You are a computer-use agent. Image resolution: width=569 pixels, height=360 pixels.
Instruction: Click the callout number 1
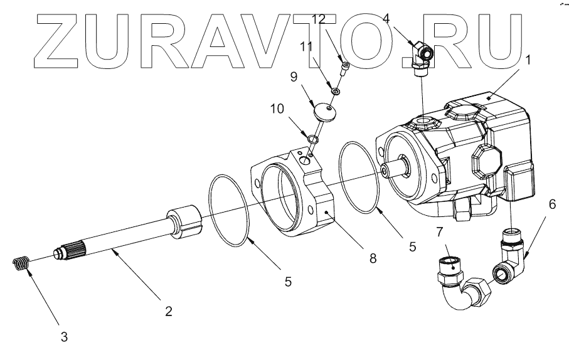[x=528, y=60]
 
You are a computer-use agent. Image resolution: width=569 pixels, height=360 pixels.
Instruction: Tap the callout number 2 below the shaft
[x=168, y=310]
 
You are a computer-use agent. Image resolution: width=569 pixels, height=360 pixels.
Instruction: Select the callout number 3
[x=64, y=337]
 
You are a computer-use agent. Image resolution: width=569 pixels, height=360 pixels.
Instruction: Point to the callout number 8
[x=373, y=258]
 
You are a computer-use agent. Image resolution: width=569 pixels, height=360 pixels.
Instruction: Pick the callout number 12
[x=319, y=19]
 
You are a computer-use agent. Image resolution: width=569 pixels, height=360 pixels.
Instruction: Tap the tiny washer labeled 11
[x=336, y=92]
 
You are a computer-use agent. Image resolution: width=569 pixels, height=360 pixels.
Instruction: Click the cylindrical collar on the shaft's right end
[x=184, y=222]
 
